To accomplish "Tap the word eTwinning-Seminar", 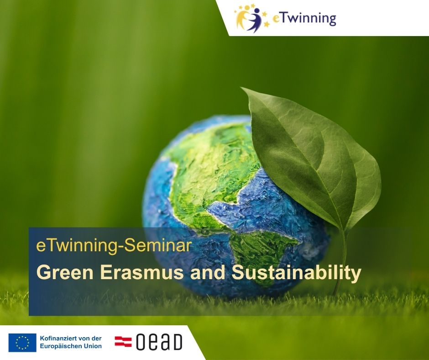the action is click(114, 245).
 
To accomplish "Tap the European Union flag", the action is click(22, 343).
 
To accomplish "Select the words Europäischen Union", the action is click(71, 346).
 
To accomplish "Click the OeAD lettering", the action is click(159, 342).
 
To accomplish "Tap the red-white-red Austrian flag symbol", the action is click(123, 342).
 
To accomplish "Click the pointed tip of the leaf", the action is click(241, 88).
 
